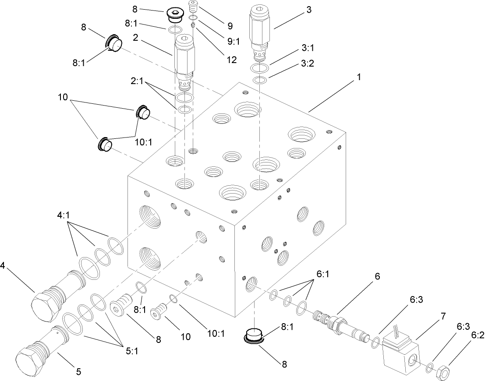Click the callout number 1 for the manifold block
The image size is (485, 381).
(x=358, y=77)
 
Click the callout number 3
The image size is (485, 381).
(x=309, y=10)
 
